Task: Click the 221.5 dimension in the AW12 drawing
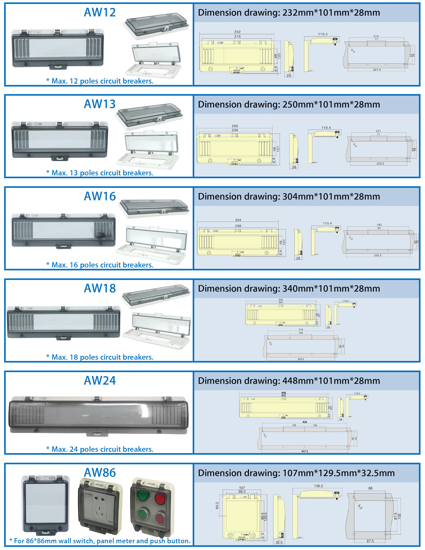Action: pyautogui.click(x=377, y=70)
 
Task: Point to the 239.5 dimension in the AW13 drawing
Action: pyautogui.click(x=380, y=164)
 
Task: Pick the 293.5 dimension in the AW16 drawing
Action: pyautogui.click(x=378, y=255)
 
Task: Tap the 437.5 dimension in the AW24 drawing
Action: pyautogui.click(x=304, y=451)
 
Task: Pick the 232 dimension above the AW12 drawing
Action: pyautogui.click(x=237, y=32)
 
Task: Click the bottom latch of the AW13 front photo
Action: pyautogui.click(x=60, y=158)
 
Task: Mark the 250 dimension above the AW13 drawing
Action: pyautogui.click(x=235, y=126)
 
